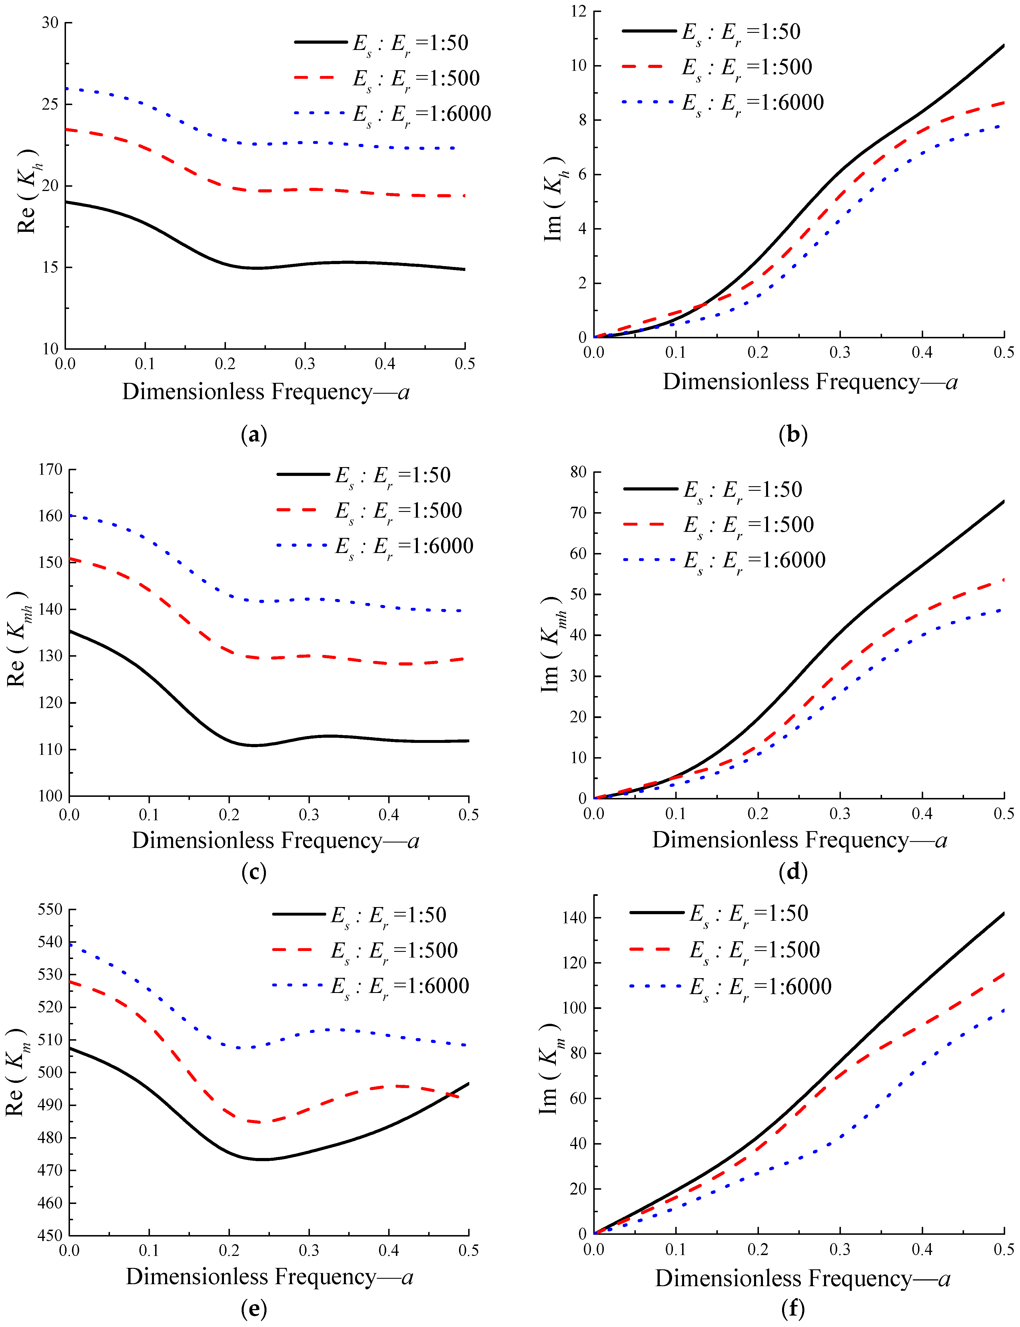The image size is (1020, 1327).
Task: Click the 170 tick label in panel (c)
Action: pos(50,469)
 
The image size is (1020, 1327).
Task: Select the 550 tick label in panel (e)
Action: pos(50,909)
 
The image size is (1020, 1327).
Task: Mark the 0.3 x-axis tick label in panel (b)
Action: pos(840,353)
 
